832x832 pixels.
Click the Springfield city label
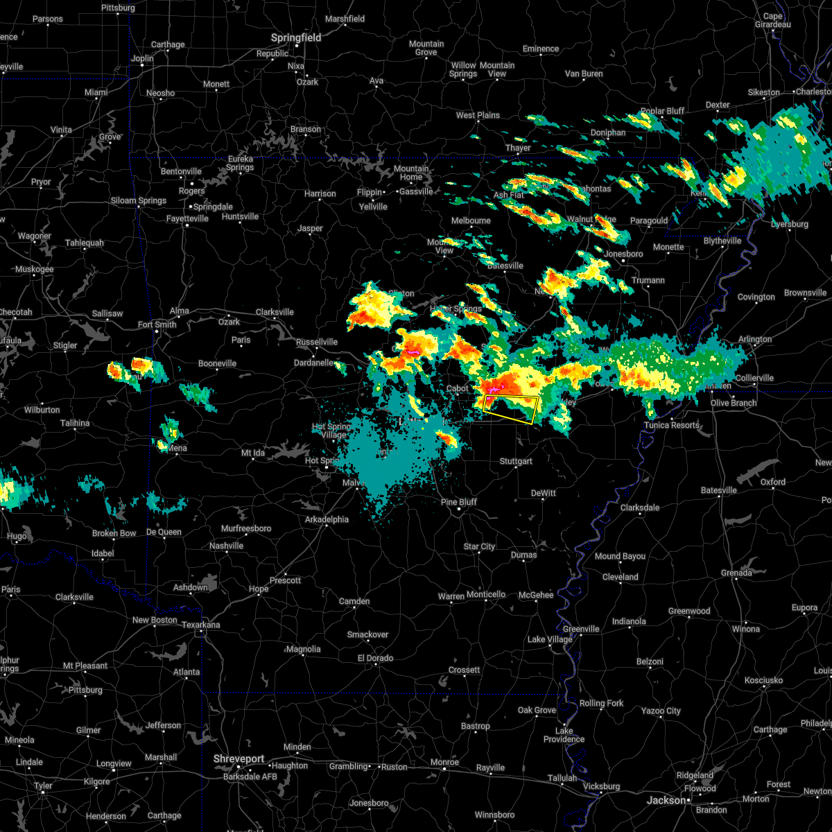pyautogui.click(x=296, y=37)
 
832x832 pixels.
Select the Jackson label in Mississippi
pyautogui.click(x=666, y=800)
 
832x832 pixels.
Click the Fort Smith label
pyautogui.click(x=157, y=324)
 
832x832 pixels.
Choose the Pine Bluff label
pyautogui.click(x=459, y=502)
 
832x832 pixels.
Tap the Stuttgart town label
pyautogui.click(x=516, y=461)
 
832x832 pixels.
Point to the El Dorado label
pyautogui.click(x=375, y=658)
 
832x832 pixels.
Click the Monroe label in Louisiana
pyautogui.click(x=445, y=762)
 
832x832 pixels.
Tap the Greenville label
pyautogui.click(x=581, y=629)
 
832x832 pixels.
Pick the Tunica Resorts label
pyautogui.click(x=672, y=425)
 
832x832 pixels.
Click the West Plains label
pyautogui.click(x=478, y=115)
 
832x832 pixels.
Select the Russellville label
pyautogui.click(x=317, y=342)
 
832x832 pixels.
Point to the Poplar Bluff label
pyautogui.click(x=662, y=111)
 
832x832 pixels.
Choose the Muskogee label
pyautogui.click(x=34, y=269)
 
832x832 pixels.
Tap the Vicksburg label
pyautogui.click(x=601, y=786)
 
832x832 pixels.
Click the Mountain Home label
pyautogui.click(x=411, y=173)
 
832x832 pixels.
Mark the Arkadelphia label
pyautogui.click(x=327, y=519)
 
